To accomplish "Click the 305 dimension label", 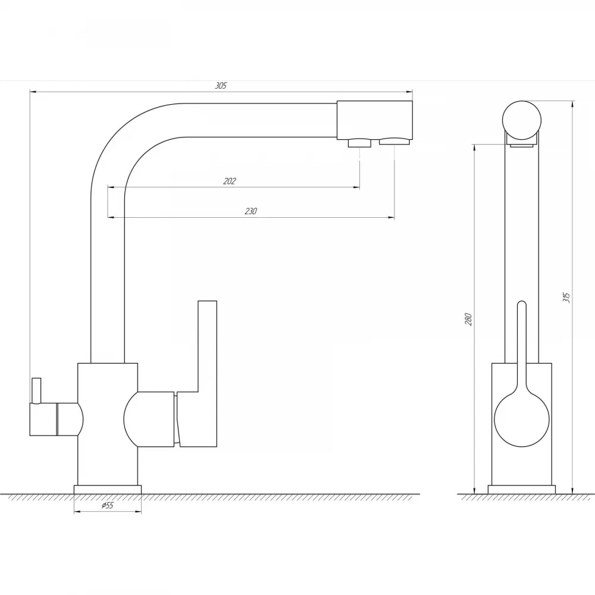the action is click(221, 86).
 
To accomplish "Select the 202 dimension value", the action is click(229, 181).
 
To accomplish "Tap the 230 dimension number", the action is click(250, 211).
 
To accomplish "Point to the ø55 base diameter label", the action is click(107, 505).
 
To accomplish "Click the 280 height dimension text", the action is click(468, 320).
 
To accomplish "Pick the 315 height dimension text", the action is click(566, 297).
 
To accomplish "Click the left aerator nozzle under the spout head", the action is click(359, 143).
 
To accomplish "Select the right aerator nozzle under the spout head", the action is click(395, 141).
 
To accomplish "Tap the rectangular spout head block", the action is click(374, 120).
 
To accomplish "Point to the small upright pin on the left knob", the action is click(36, 390).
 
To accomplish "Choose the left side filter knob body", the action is click(56, 419).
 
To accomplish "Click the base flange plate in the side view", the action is click(521, 490).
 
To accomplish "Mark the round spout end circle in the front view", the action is click(522, 120).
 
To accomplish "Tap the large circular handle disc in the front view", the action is click(522, 419).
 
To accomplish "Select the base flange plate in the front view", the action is click(108, 490).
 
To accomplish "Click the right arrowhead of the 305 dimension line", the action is click(409, 92).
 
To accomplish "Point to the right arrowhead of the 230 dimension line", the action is click(392, 217).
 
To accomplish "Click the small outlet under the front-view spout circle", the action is click(522, 145).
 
